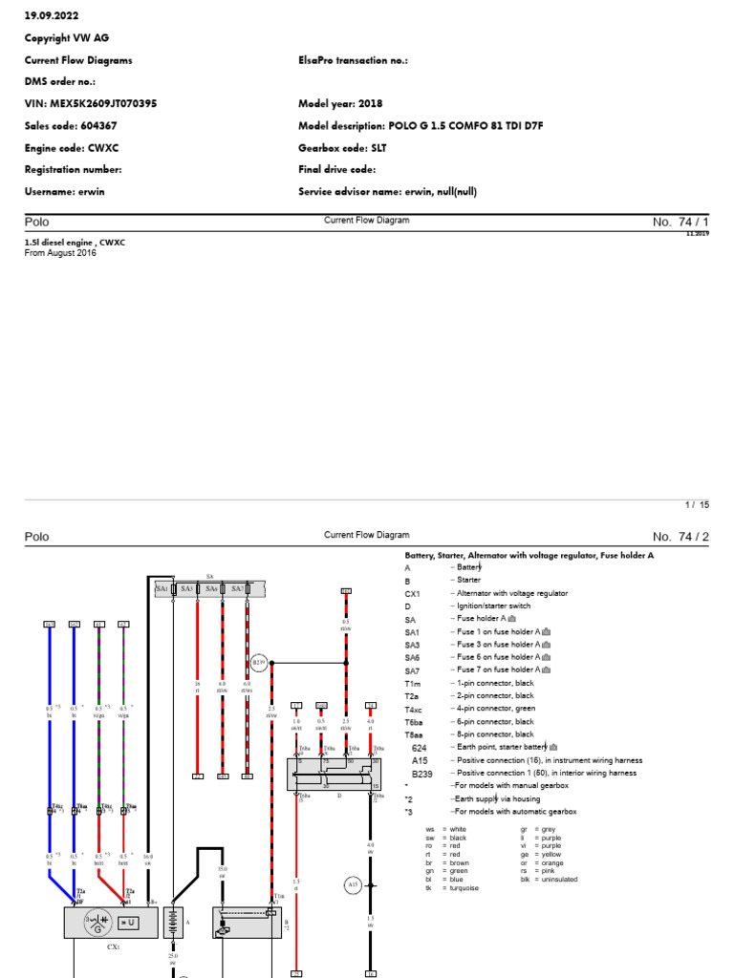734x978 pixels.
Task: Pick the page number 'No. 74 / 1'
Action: click(680, 222)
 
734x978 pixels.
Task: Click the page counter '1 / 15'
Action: click(697, 503)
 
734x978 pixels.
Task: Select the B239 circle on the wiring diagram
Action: click(258, 662)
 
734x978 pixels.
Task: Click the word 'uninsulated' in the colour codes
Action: click(558, 880)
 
